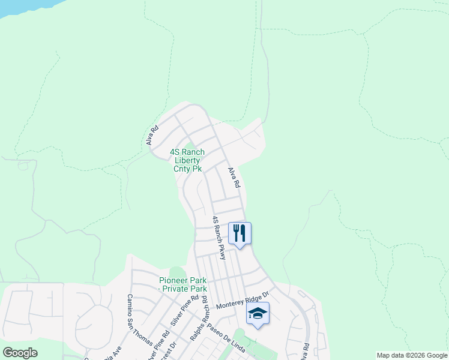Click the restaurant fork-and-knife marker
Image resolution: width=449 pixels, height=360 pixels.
(240, 233)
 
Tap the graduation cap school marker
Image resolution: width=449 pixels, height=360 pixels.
(258, 313)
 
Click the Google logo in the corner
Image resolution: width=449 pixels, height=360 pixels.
(20, 353)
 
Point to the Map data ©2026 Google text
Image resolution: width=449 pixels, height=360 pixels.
(412, 355)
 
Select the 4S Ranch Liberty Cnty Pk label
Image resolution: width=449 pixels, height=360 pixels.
(187, 160)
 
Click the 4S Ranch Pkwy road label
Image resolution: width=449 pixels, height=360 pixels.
(219, 238)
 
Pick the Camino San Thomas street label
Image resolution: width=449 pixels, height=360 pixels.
(139, 320)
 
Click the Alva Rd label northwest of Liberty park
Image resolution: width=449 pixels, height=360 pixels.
(152, 135)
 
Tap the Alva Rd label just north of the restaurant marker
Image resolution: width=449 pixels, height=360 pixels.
(234, 178)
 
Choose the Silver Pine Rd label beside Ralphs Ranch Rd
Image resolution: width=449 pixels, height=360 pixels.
(184, 310)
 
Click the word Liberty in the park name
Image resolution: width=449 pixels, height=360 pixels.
(188, 160)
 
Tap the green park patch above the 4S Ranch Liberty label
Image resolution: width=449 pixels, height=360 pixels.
(189, 146)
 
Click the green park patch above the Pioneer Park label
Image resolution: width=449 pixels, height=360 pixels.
(176, 273)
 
